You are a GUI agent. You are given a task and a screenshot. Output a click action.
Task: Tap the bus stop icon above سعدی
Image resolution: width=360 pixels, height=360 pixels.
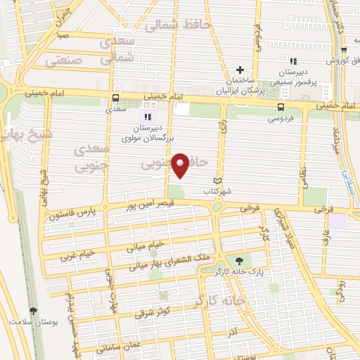(115, 98)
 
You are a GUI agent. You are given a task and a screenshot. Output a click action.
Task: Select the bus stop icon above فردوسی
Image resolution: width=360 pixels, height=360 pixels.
(281, 107)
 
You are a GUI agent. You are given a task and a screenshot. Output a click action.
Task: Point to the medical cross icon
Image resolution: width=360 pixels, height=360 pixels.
(240, 70)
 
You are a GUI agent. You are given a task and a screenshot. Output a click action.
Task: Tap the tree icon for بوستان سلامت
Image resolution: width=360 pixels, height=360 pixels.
(33, 311)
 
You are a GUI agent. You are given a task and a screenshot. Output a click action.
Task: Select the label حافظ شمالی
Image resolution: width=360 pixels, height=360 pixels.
(177, 25)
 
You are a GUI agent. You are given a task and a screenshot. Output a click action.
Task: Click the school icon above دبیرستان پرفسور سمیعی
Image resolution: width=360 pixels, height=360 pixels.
(292, 62)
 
